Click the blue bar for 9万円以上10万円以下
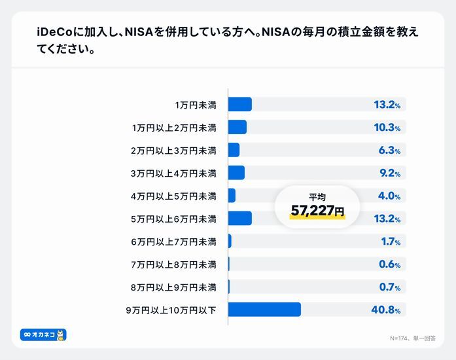point(264,310)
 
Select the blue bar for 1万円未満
point(239,105)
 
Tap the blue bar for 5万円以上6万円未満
point(239,219)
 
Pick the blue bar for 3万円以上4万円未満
point(236,173)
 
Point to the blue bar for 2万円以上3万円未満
point(234,150)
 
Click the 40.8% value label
point(386,310)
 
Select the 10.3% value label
point(386,128)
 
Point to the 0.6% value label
point(389,264)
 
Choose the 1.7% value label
point(390,242)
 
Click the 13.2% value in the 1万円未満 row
point(386,105)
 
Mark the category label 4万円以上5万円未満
point(173,196)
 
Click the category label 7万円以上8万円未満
point(173,264)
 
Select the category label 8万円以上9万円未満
point(173,287)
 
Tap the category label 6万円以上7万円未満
point(173,242)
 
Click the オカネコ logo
point(43,335)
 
